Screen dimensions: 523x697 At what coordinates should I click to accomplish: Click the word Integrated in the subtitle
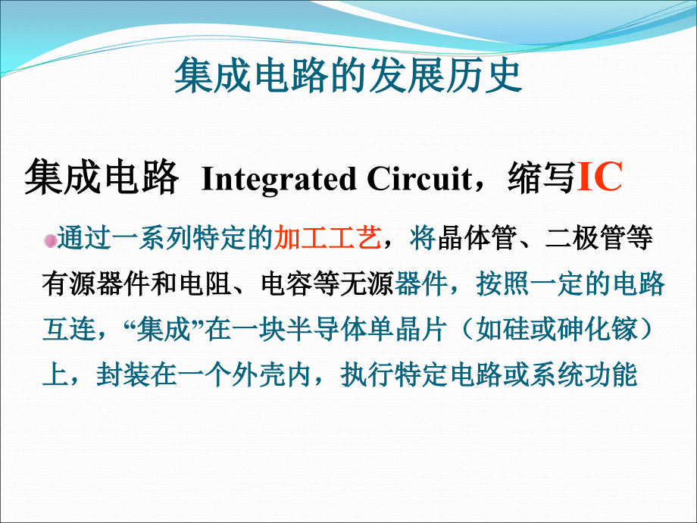coord(279,180)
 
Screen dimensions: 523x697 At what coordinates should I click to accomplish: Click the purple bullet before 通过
coord(50,241)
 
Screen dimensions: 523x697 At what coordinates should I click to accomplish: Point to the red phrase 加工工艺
coord(327,240)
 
